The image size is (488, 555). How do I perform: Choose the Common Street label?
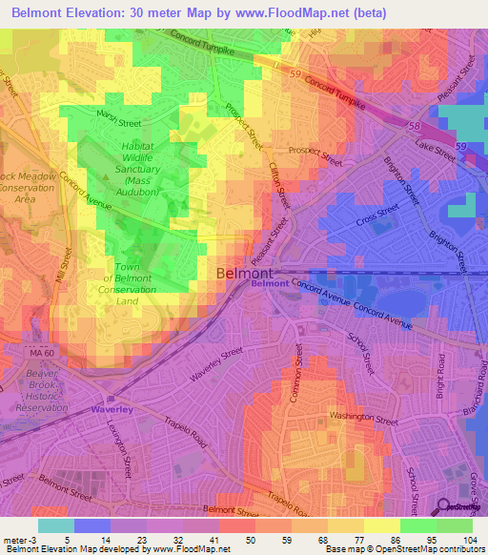295,382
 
